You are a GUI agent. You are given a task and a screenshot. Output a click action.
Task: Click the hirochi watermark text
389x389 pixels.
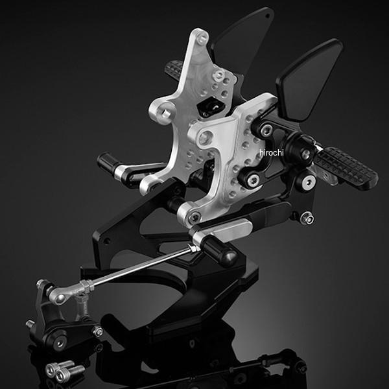[272, 152]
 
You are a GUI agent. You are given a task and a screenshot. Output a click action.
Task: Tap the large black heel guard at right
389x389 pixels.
[309, 79]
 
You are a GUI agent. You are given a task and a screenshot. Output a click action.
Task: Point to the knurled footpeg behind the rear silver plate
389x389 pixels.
[174, 69]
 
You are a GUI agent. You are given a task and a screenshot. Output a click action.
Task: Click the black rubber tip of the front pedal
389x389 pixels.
[219, 250]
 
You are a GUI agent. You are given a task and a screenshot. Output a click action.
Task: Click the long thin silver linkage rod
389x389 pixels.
[142, 265]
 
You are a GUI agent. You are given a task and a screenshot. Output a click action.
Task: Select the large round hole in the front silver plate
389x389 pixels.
[206, 138]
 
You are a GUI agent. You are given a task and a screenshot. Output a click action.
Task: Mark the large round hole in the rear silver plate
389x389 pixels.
[165, 113]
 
